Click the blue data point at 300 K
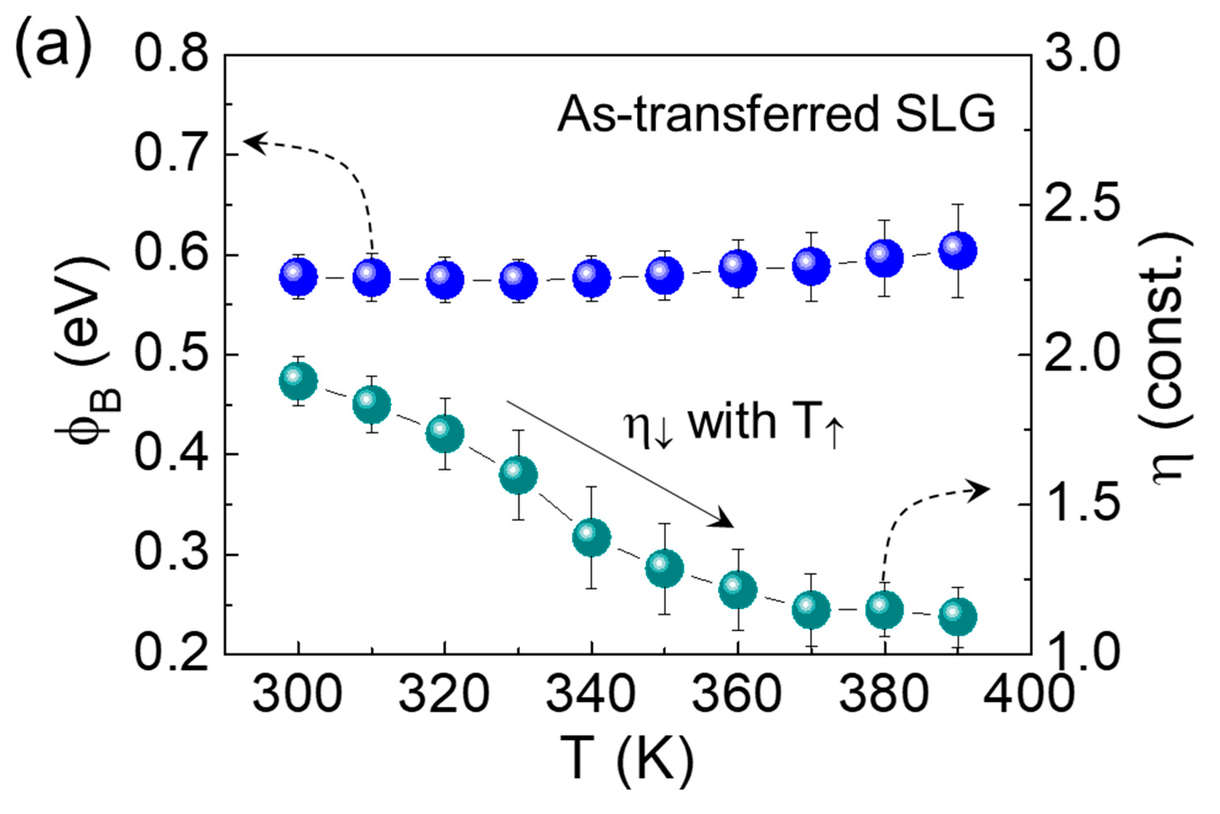pos(298,277)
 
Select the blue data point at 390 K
pos(958,251)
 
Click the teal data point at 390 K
pos(958,616)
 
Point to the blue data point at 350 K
pos(664,275)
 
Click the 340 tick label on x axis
pos(591,695)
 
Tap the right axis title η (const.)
pos(1174,358)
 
